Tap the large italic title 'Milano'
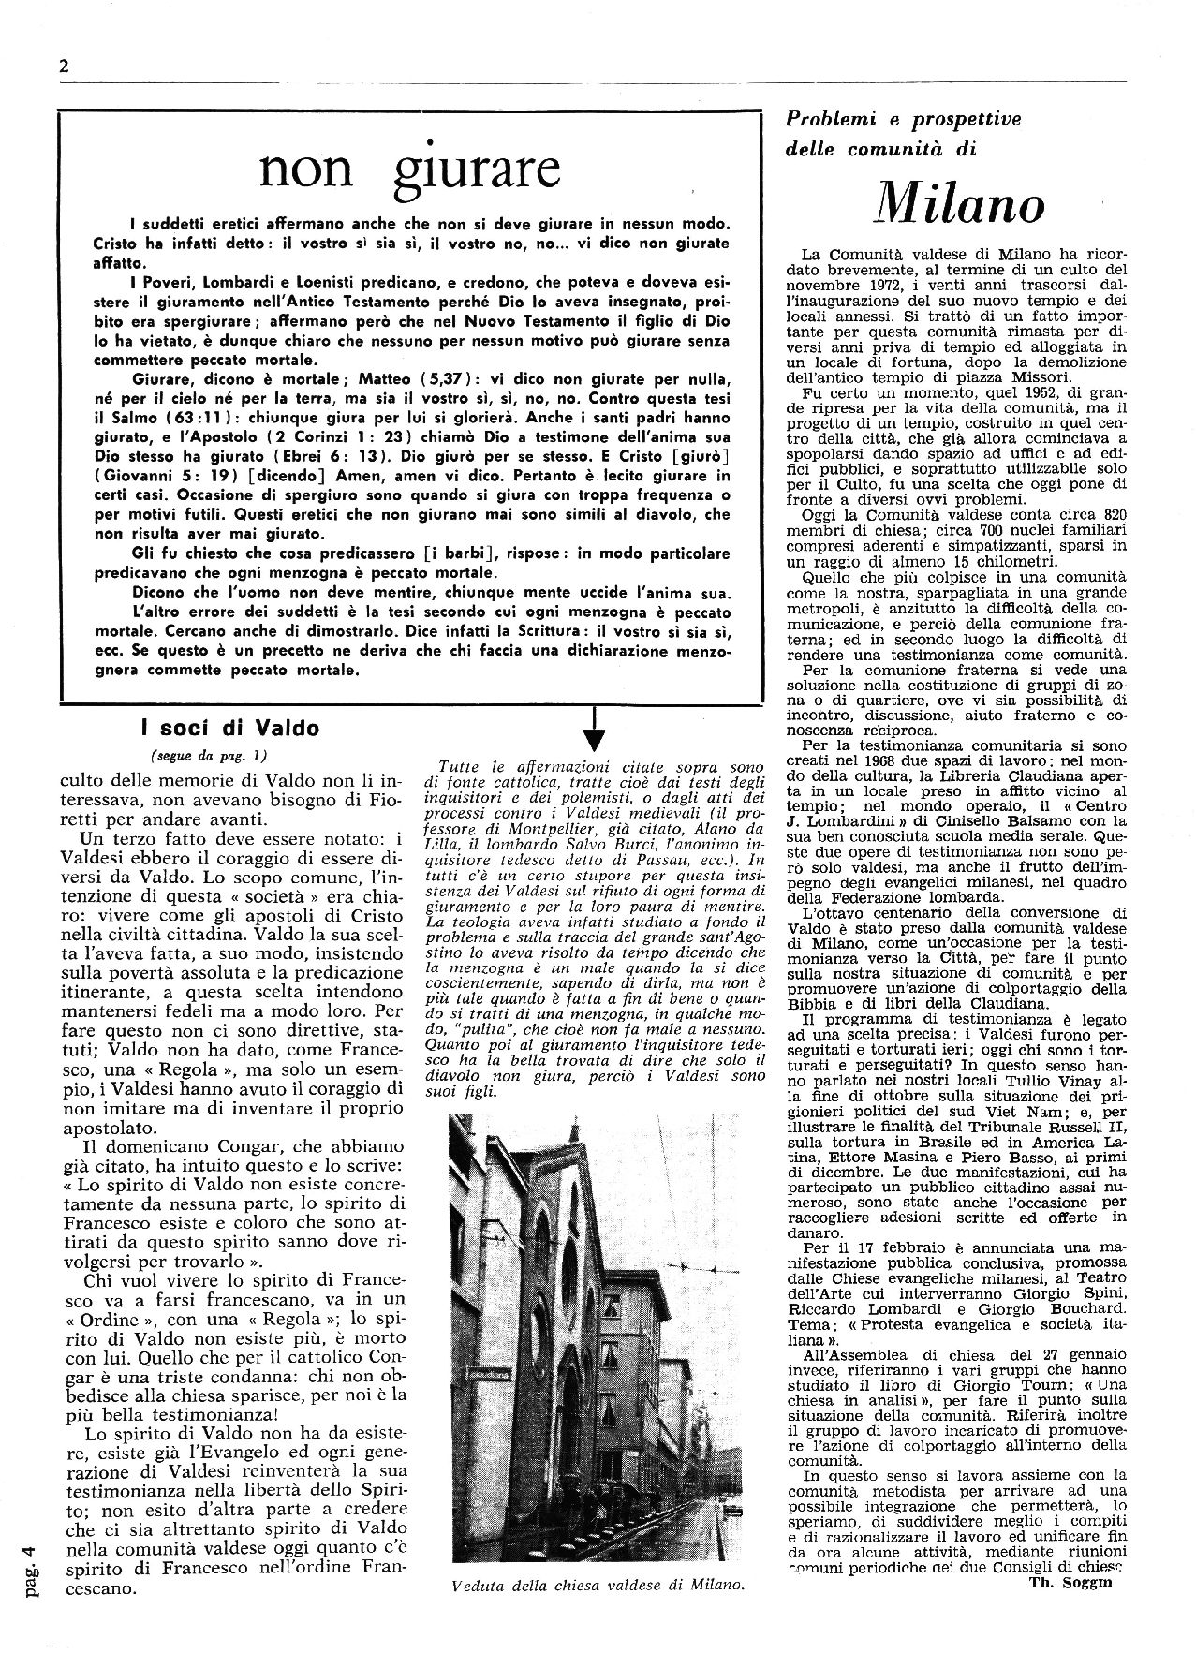click(958, 202)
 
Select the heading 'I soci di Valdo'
click(229, 728)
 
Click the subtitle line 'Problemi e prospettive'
click(902, 119)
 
